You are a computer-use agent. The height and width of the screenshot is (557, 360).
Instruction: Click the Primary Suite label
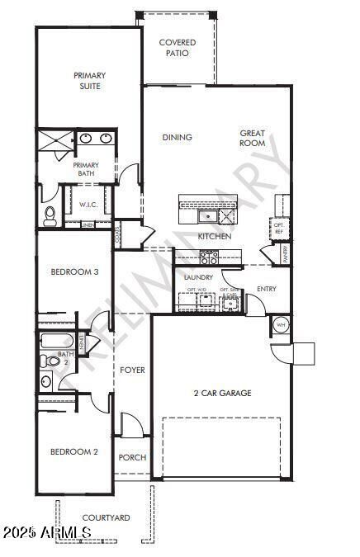point(90,80)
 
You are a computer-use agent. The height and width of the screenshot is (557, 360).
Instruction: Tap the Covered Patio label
point(178,47)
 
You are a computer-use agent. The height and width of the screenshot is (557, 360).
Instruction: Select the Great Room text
point(252,138)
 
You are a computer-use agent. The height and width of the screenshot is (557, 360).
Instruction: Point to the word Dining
point(177,137)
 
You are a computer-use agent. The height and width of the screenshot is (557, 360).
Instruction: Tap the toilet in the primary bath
point(50,215)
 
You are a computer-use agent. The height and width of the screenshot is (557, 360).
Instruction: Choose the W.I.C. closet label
point(89,204)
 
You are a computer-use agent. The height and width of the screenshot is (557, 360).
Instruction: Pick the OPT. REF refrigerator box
point(279,229)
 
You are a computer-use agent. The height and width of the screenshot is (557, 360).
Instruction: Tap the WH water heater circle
point(280,323)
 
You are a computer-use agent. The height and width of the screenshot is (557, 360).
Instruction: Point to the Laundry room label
point(199,277)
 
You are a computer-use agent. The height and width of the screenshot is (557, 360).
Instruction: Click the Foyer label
point(132,370)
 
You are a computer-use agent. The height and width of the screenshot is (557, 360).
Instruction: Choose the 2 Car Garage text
point(222,393)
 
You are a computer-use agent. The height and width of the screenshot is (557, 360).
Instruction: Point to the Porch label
point(132,457)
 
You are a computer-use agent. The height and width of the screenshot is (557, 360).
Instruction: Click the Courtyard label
point(106,517)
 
